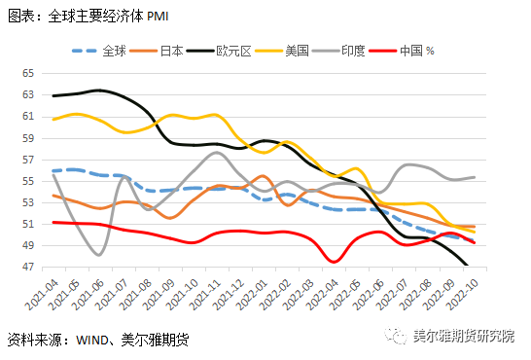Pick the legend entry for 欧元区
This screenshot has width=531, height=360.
pyautogui.click(x=237, y=49)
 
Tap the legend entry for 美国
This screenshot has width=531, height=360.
pyautogui.click(x=302, y=49)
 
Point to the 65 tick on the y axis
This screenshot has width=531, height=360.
pyautogui.click(x=27, y=74)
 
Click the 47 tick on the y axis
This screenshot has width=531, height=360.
pyautogui.click(x=27, y=267)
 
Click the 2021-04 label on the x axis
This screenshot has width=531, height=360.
pyautogui.click(x=44, y=292)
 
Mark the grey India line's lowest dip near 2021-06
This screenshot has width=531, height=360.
pyautogui.click(x=99, y=255)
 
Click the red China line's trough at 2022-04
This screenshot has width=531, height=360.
pyautogui.click(x=334, y=261)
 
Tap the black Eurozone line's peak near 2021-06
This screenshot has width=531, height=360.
pyautogui.click(x=99, y=90)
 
